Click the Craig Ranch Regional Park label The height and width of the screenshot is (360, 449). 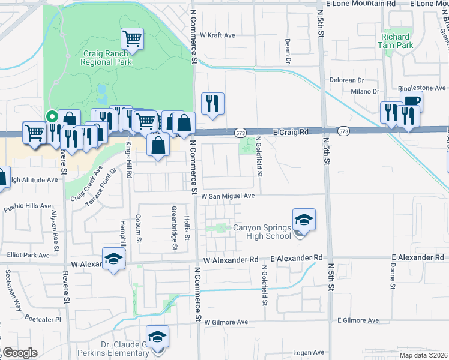(x=107, y=57)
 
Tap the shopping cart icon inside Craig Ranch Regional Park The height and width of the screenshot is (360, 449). (x=132, y=40)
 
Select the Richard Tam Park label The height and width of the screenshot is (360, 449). (x=397, y=41)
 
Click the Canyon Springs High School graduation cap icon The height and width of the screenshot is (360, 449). (x=304, y=220)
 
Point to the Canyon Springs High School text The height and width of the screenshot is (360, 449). (x=262, y=232)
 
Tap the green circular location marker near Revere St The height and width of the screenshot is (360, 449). (x=52, y=116)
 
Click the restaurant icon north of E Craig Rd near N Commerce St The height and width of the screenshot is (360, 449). (x=212, y=104)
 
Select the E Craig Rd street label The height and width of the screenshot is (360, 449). (x=291, y=131)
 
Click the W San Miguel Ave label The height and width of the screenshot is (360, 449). (x=228, y=196)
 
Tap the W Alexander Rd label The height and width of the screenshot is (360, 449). (x=231, y=260)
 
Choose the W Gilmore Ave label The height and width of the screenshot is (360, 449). (x=226, y=322)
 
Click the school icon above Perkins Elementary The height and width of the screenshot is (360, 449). (x=157, y=337)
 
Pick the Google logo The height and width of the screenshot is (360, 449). (x=20, y=353)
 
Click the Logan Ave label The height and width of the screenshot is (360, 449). (x=307, y=353)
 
